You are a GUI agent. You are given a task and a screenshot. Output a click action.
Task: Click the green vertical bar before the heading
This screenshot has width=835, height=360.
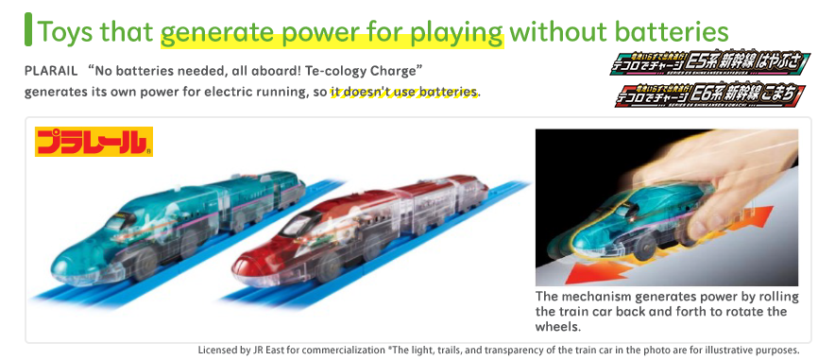[28, 29]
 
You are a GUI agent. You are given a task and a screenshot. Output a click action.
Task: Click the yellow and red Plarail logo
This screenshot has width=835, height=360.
[94, 141]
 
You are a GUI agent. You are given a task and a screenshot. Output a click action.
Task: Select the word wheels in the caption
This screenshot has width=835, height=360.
[557, 327]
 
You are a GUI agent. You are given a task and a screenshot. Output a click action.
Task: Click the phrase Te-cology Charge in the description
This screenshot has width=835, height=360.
[359, 72]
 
